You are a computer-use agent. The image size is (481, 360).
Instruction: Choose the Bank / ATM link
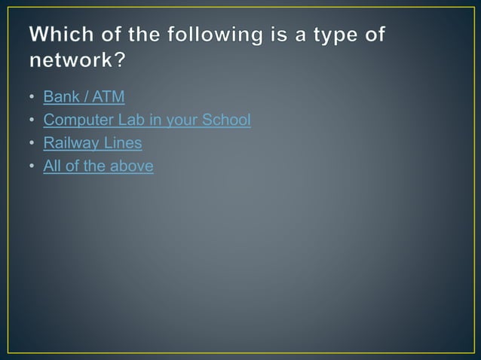coord(84,97)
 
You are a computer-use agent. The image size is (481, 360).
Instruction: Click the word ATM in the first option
coord(108,97)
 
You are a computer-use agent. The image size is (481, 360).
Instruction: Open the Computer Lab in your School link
coord(147,120)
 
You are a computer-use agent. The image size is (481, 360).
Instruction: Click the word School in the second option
coord(227,120)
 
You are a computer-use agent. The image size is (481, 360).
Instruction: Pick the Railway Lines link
coord(93,143)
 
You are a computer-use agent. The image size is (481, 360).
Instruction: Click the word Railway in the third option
coord(72,143)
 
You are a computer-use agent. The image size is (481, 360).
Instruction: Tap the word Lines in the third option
coord(123,143)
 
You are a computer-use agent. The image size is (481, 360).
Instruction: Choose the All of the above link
coord(98,166)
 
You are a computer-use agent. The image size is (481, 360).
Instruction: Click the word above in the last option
coord(132,166)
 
